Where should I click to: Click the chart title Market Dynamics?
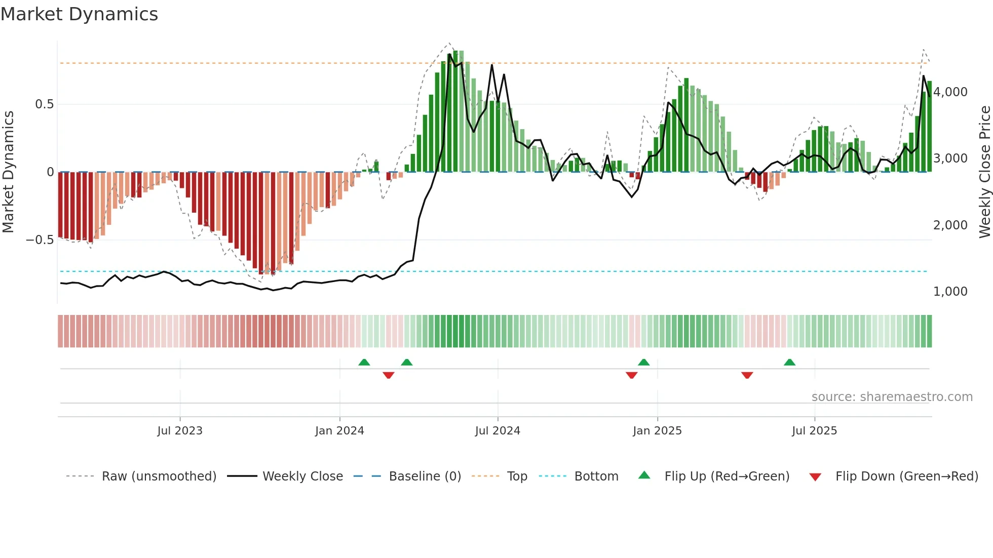click(79, 14)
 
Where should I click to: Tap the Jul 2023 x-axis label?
click(179, 431)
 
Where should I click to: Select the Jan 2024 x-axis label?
click(339, 431)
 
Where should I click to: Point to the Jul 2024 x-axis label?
click(498, 431)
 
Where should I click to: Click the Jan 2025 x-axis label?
click(657, 431)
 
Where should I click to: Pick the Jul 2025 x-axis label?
click(814, 431)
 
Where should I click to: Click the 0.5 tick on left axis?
click(44, 104)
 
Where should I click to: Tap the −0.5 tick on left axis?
click(40, 240)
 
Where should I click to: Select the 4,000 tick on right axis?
click(950, 92)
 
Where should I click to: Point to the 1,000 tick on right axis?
click(950, 292)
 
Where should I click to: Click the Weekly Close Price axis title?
click(984, 172)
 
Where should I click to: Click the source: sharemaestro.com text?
click(892, 397)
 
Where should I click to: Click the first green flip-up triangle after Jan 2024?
click(364, 362)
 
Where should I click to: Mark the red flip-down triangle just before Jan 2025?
click(631, 375)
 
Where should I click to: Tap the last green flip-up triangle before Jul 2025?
click(789, 362)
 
